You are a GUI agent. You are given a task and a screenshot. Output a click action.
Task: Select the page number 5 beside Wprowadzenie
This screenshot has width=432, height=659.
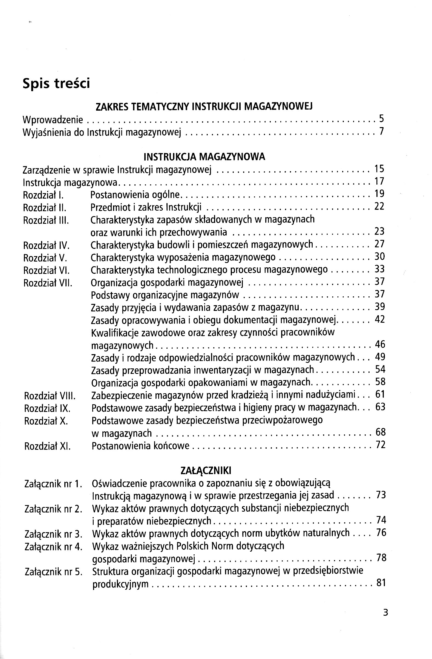(x=381, y=119)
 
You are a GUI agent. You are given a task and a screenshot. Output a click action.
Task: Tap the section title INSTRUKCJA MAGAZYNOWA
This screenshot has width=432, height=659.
(x=204, y=157)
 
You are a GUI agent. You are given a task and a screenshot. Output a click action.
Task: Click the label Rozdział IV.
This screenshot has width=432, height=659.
(x=46, y=245)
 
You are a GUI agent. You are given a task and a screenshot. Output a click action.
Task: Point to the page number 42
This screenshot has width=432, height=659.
(x=380, y=319)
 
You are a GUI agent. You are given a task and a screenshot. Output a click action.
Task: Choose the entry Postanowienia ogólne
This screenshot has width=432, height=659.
(x=135, y=195)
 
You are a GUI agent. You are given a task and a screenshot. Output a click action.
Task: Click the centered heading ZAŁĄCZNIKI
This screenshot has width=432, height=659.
(x=206, y=471)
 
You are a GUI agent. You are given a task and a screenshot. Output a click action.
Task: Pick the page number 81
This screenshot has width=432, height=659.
(x=381, y=583)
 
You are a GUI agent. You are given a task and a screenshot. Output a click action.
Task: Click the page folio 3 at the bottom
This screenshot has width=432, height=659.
(x=385, y=612)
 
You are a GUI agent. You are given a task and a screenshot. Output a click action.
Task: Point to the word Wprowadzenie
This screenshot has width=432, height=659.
(x=53, y=120)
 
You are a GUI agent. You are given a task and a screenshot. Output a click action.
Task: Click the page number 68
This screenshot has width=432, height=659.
(x=381, y=432)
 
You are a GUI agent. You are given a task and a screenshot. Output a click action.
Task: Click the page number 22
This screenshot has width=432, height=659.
(x=379, y=206)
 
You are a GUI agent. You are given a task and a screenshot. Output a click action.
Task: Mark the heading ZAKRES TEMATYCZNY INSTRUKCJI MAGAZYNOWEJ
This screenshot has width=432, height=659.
(x=204, y=106)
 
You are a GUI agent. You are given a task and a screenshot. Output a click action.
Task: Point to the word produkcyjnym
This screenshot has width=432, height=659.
(x=120, y=584)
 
